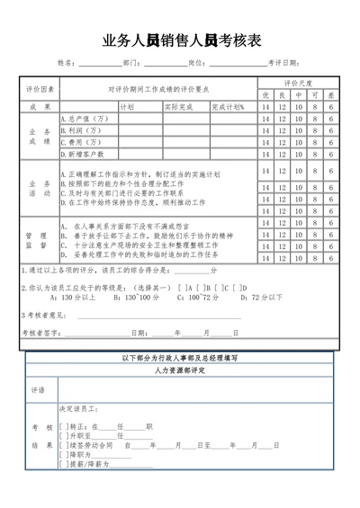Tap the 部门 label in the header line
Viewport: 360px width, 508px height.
click(130, 63)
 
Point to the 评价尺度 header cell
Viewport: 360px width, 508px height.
click(299, 84)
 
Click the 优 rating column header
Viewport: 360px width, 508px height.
click(265, 95)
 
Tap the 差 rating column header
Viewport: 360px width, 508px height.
click(331, 95)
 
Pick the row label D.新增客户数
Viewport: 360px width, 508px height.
click(84, 154)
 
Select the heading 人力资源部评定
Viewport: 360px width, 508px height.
click(180, 370)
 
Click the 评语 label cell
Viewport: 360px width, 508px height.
click(38, 390)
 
